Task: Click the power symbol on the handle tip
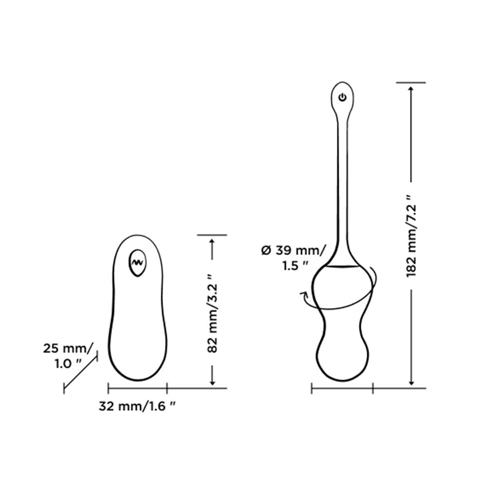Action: (x=342, y=97)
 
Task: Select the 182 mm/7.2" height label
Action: (x=411, y=236)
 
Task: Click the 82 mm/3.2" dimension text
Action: (x=212, y=314)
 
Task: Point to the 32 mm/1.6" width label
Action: (x=137, y=406)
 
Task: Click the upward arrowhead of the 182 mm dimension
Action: (x=411, y=89)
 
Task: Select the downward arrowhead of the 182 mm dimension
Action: (x=411, y=381)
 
